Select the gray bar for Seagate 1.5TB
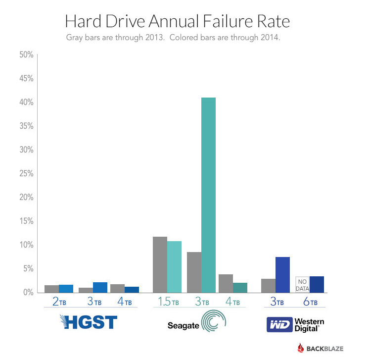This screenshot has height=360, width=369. point(160,264)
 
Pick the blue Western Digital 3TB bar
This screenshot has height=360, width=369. point(282,274)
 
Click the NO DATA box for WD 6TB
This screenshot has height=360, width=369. point(302,284)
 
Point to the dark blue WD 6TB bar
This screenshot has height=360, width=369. point(317,284)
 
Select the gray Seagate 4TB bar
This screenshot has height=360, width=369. point(226,283)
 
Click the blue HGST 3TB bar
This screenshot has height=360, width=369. point(100,287)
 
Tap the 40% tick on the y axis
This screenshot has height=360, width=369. point(26,103)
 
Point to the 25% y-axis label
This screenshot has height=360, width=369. point(26,174)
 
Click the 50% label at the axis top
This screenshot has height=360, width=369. point(26,55)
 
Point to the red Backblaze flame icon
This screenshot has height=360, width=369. point(301,348)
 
